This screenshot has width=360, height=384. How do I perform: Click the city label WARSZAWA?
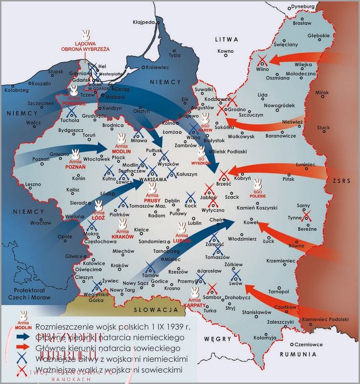pos(152,180)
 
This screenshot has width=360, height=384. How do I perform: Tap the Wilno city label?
pos(263,70)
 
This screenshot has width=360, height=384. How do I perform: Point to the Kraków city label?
pos(120,265)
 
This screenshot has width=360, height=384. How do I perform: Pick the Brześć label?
pos(223,183)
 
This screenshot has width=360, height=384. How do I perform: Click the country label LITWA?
pos(226,39)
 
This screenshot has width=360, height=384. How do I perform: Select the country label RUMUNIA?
pos(299,354)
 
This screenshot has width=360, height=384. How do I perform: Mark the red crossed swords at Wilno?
pos(261,60)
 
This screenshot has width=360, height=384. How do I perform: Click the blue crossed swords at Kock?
pos(190,197)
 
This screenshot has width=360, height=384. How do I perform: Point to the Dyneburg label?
pos(303,6)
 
